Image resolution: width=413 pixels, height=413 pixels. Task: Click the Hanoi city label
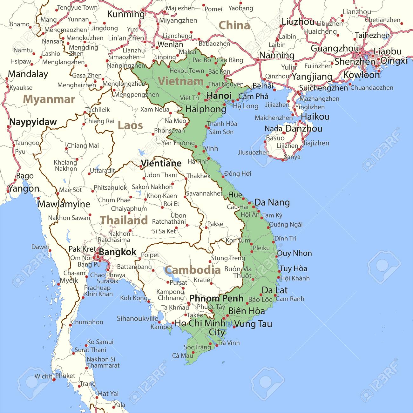click(219, 96)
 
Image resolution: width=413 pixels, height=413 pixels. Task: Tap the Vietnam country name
click(181, 81)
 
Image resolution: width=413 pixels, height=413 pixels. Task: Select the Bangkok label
click(118, 252)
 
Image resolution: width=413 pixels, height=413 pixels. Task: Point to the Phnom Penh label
click(216, 298)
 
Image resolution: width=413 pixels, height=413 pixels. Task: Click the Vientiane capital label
click(161, 163)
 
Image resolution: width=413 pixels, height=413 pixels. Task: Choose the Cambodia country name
click(193, 270)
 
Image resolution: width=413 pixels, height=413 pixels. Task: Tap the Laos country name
click(130, 125)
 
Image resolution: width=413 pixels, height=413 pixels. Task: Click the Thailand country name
click(124, 220)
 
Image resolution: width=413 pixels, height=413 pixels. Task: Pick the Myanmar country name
click(49, 99)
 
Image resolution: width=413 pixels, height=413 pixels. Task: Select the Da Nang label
click(272, 202)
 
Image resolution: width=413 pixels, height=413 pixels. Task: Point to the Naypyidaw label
click(33, 122)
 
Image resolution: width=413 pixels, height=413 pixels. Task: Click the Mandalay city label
click(28, 74)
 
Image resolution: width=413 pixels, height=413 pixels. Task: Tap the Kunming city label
click(126, 14)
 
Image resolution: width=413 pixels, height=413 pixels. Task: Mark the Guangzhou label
click(335, 49)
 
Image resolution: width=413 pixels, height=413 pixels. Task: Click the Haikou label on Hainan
click(315, 117)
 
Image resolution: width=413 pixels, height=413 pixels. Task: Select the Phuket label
click(65, 376)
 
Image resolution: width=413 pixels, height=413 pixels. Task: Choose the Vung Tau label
click(253, 324)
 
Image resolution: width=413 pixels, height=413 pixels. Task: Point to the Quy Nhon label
click(295, 253)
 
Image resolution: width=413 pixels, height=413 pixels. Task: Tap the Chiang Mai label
click(83, 146)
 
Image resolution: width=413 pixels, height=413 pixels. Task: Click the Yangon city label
click(24, 189)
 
